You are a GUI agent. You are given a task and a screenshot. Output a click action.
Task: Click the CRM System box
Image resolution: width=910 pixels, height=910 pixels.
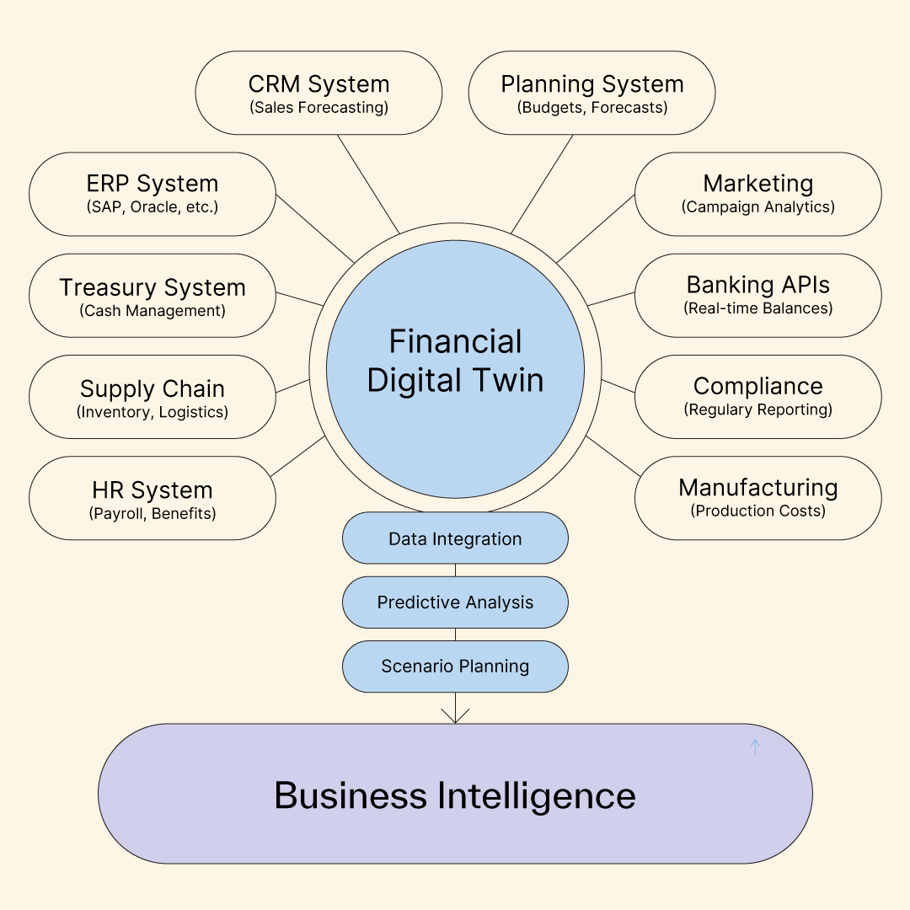tap(318, 93)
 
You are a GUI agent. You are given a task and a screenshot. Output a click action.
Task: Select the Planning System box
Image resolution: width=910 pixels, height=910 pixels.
tap(591, 93)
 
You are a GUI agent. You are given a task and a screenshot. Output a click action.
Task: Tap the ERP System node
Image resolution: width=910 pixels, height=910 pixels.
tap(152, 194)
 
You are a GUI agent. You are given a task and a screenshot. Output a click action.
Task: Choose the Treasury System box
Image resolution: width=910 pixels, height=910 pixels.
tap(152, 296)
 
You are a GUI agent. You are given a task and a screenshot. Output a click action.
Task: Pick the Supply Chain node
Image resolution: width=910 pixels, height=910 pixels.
tap(152, 397)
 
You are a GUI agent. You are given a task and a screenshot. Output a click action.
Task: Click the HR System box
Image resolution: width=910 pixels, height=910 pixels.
tap(152, 498)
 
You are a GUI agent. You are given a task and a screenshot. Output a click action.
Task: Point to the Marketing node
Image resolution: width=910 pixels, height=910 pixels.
tap(757, 194)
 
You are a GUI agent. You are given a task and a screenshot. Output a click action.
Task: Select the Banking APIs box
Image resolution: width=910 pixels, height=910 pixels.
tap(757, 296)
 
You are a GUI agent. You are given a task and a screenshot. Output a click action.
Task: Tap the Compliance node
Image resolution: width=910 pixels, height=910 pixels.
tap(757, 397)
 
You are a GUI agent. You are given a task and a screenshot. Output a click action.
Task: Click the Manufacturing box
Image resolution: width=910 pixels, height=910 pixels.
tap(757, 498)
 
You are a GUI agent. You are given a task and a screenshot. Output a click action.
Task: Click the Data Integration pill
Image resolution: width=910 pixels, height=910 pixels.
tap(455, 538)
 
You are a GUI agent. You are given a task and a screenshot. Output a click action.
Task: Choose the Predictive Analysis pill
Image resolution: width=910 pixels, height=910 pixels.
tap(455, 602)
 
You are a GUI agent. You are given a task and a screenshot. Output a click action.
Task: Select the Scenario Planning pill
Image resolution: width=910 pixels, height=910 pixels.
tap(455, 666)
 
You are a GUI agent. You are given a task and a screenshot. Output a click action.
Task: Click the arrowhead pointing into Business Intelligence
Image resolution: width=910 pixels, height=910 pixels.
tap(455, 715)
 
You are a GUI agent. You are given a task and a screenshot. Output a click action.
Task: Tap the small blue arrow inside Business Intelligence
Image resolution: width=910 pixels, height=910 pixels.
tap(755, 747)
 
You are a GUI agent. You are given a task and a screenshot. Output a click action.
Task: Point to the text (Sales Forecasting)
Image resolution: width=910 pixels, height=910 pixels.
tap(318, 108)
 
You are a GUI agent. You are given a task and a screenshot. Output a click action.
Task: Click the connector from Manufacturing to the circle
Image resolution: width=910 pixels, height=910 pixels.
tap(613, 456)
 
